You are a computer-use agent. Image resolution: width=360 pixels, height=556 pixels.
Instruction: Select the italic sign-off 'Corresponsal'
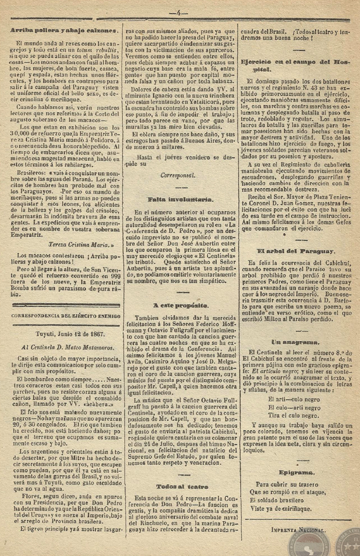[x=177, y=175]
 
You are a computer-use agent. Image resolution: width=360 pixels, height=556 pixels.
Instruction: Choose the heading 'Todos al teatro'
[x=176, y=486]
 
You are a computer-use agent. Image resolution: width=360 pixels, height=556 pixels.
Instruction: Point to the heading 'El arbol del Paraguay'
[x=296, y=251]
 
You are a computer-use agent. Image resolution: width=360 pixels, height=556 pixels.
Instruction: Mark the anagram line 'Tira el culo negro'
[x=292, y=415]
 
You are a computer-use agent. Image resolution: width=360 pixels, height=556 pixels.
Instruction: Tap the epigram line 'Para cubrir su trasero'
[x=289, y=484]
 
